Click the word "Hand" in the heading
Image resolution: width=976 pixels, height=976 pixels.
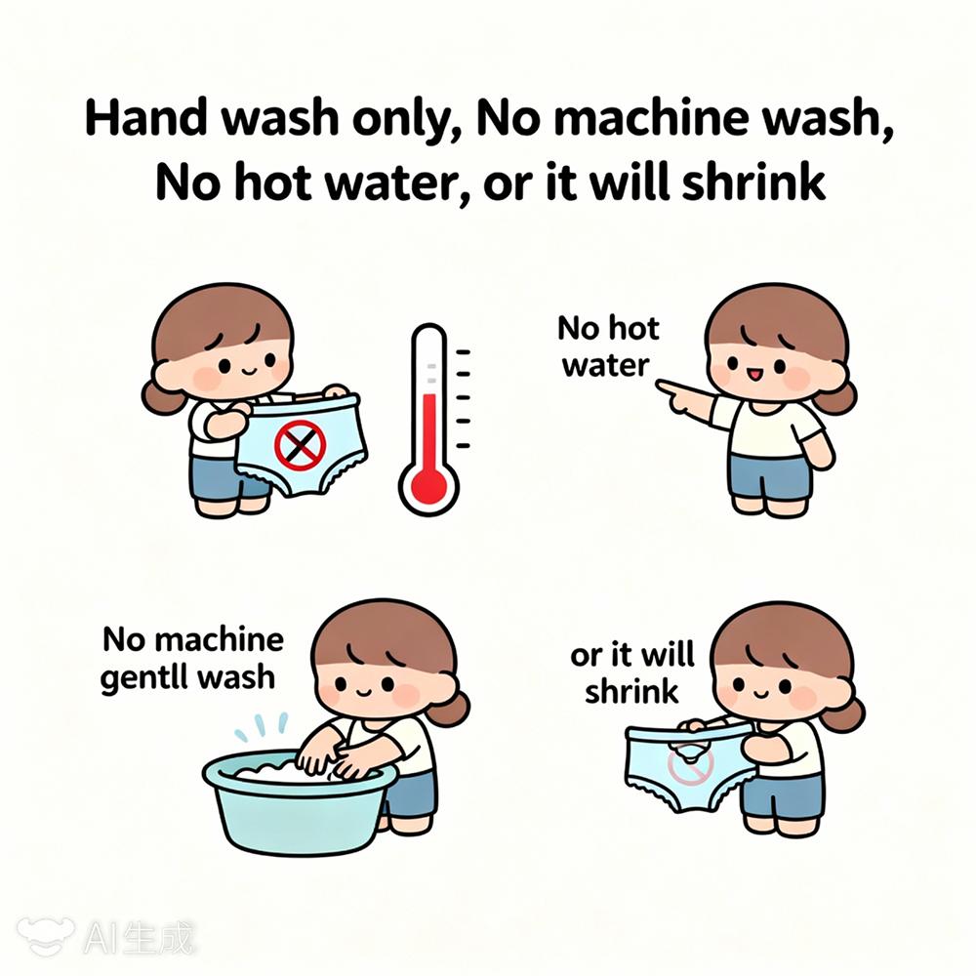pos(146,117)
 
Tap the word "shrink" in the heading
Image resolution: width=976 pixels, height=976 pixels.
pos(753,182)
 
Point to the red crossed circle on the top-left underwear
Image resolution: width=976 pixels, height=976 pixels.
pos(301,444)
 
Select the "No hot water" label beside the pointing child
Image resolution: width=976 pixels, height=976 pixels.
pos(607,346)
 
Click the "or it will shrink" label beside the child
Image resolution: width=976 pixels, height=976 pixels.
pos(631,673)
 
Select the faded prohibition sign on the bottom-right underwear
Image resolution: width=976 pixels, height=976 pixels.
pos(691,765)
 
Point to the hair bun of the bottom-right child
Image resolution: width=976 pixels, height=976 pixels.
pos(845,714)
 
